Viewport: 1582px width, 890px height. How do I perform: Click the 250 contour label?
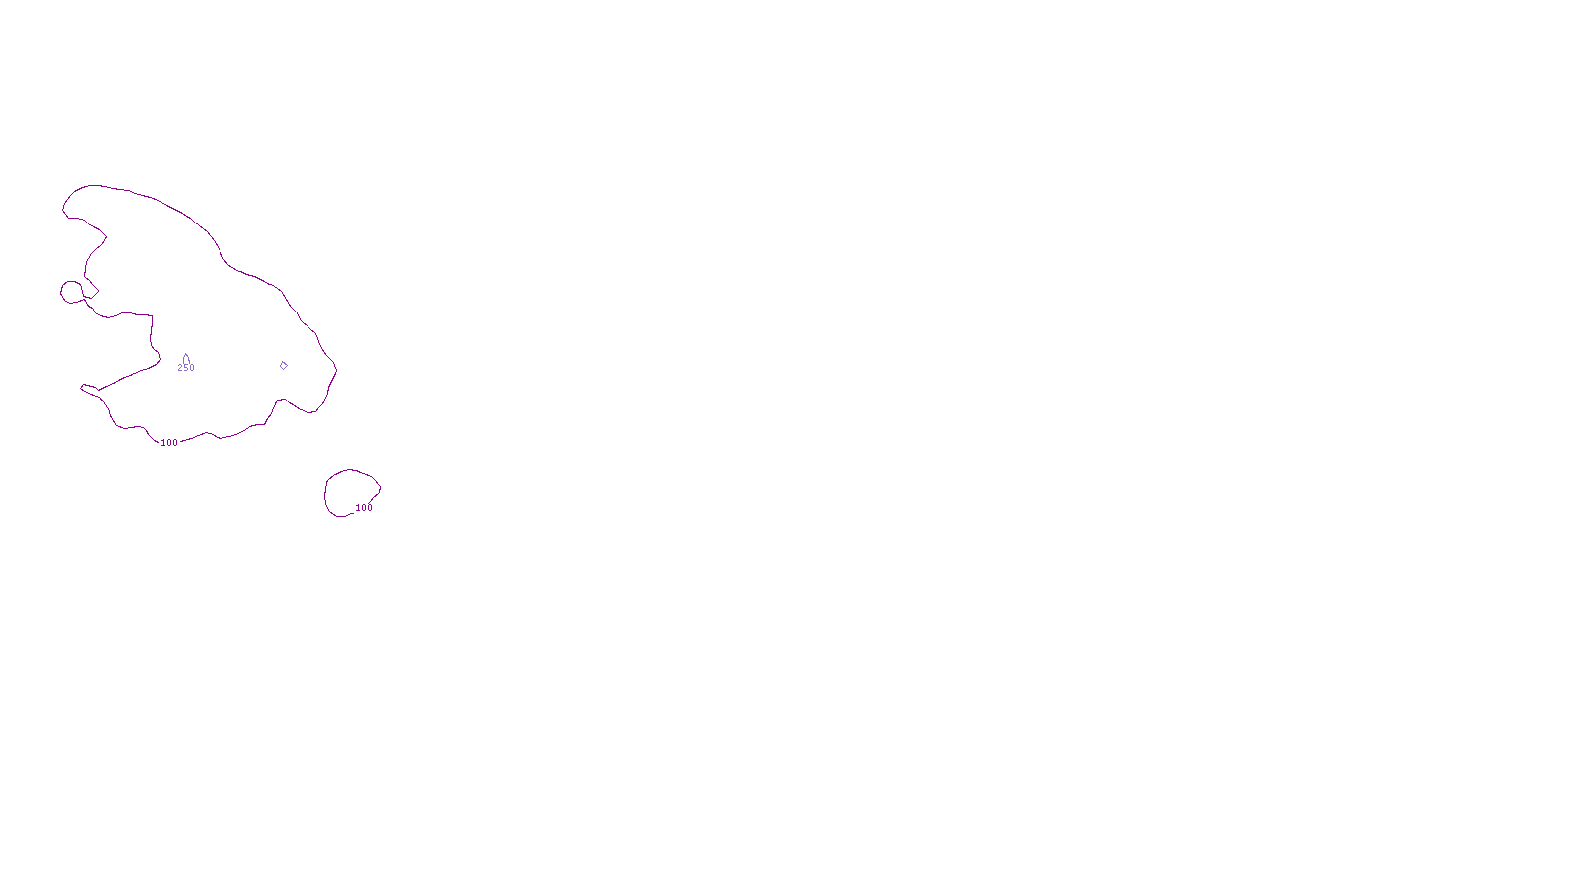tap(186, 368)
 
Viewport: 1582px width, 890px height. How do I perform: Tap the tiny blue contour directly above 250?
tap(185, 358)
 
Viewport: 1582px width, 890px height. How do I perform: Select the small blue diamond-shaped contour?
tap(283, 365)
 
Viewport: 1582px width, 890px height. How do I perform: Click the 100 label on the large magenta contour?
tap(169, 443)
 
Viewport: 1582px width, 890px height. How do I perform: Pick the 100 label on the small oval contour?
tap(364, 508)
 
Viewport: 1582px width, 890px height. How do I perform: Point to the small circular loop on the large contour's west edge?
tap(72, 292)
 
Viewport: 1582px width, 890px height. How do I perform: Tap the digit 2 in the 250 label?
tap(180, 368)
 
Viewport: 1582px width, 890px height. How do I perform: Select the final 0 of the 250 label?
tap(192, 368)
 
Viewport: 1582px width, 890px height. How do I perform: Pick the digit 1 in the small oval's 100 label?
tap(358, 508)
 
